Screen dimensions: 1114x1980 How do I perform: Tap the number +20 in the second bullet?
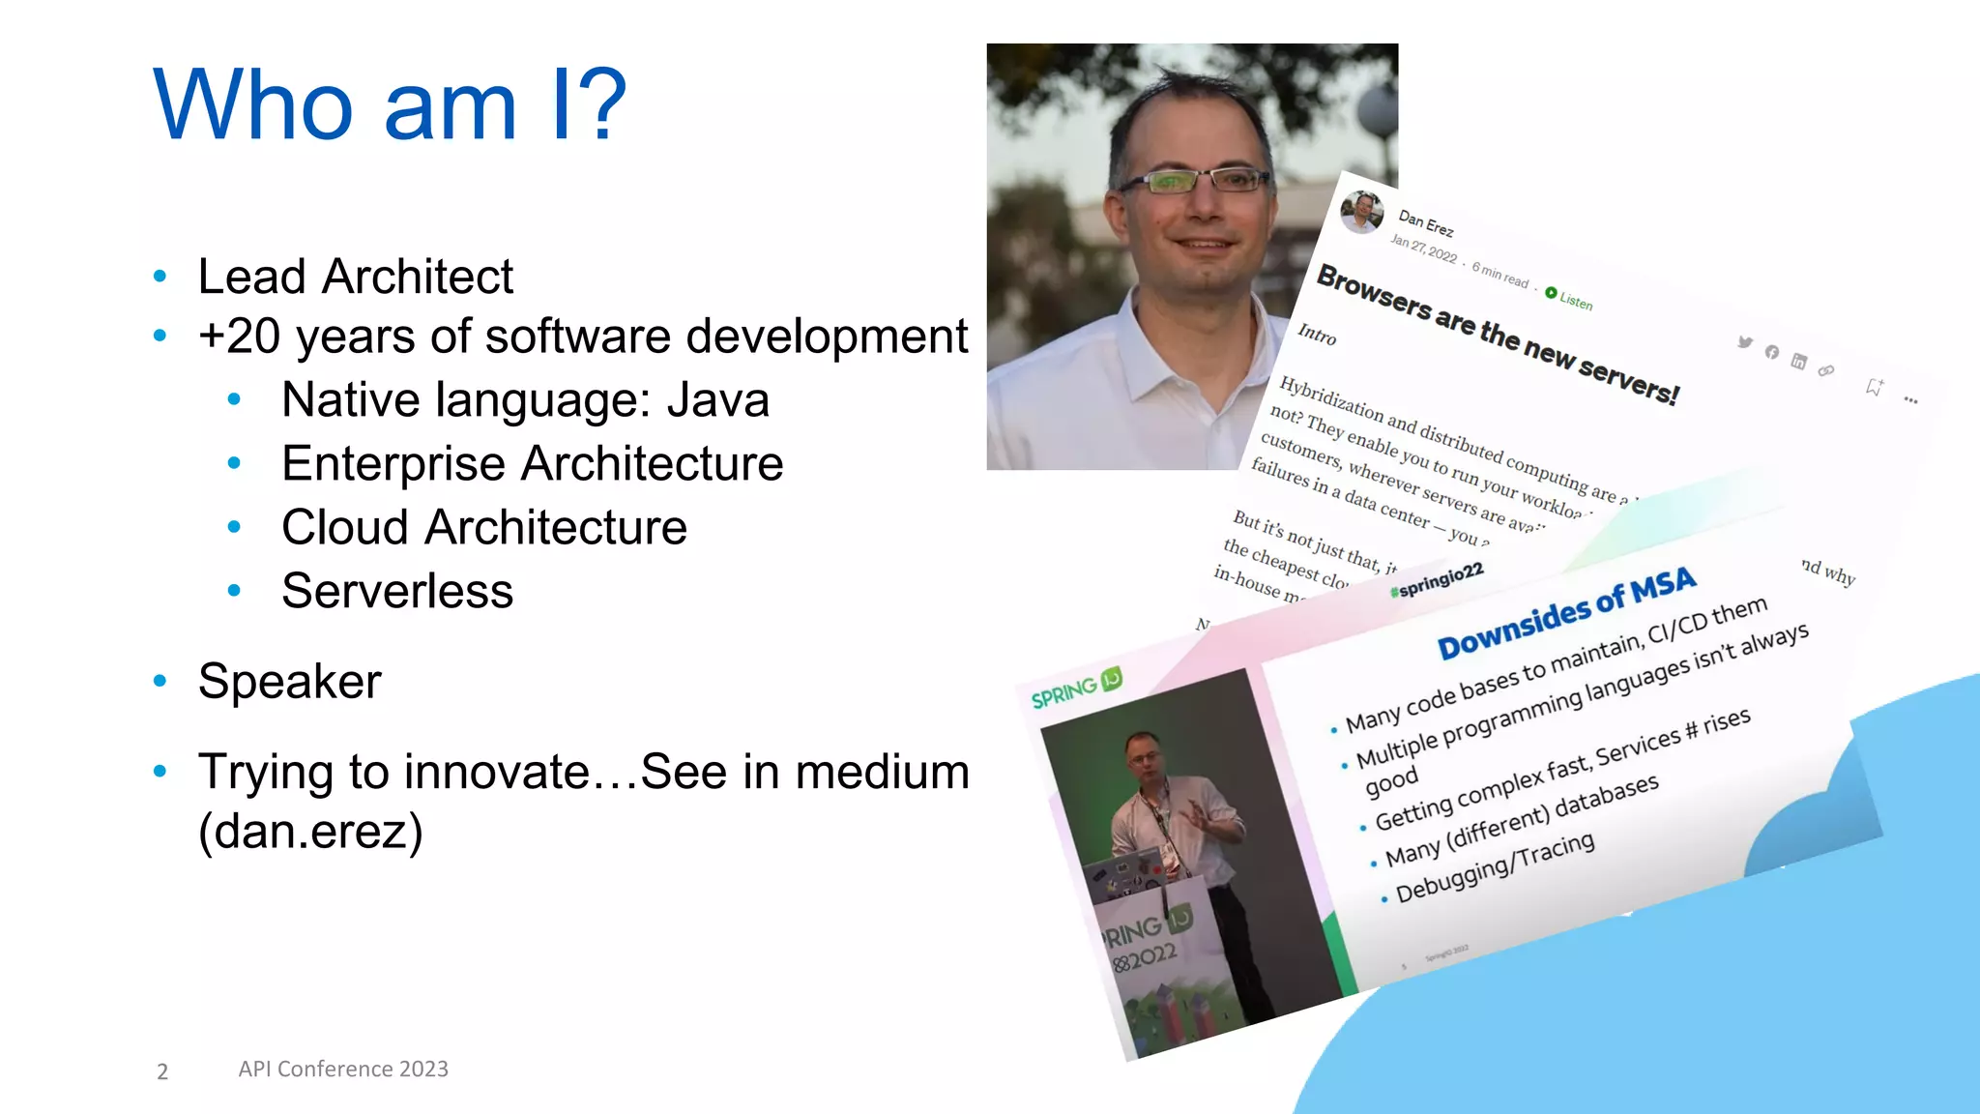click(x=239, y=337)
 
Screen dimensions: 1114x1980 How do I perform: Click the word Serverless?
click(x=397, y=591)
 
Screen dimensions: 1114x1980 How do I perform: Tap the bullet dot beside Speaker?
click(x=160, y=681)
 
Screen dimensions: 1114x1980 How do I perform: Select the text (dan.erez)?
click(x=310, y=831)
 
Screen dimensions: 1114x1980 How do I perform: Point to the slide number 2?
click(x=162, y=1071)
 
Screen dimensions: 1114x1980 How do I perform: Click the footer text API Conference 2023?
click(x=343, y=1069)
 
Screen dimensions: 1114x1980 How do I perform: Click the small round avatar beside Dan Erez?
click(x=1362, y=212)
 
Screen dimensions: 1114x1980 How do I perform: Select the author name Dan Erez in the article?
click(x=1425, y=223)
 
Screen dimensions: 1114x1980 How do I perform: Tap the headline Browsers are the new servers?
click(x=1498, y=335)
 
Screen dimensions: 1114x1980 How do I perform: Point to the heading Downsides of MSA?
click(x=1566, y=612)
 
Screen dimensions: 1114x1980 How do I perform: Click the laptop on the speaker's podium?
click(x=1126, y=876)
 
